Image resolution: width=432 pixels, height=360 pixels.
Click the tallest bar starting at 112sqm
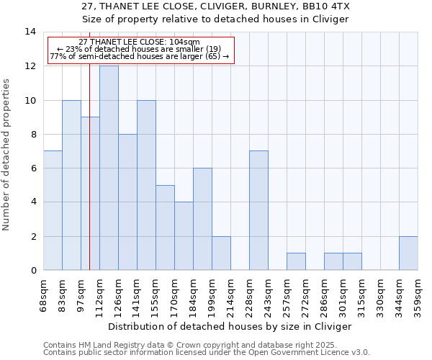[109, 168]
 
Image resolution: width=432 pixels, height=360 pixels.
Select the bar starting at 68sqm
[53, 210]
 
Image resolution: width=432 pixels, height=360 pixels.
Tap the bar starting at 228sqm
[258, 210]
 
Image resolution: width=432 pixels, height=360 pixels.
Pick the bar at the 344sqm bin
[408, 253]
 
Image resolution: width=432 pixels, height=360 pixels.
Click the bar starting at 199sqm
[221, 253]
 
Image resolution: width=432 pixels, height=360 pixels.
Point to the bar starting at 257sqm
[296, 261]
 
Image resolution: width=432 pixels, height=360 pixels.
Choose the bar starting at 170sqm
[184, 236]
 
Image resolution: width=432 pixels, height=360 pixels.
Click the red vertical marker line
[89, 180]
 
